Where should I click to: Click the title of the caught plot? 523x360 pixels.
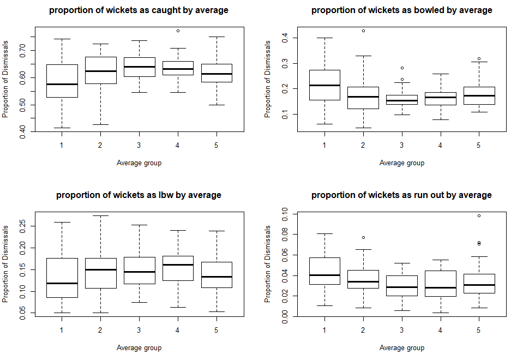click(139, 10)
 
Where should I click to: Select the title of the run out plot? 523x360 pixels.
click(401, 195)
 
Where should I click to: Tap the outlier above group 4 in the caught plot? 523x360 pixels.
click(178, 31)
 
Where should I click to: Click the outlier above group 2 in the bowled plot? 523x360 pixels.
click(363, 31)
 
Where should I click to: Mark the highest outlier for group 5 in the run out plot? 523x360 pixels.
click(479, 215)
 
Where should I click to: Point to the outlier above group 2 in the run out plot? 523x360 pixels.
click(363, 237)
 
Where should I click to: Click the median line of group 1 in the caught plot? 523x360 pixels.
click(62, 84)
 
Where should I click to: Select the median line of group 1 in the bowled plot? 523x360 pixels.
click(324, 85)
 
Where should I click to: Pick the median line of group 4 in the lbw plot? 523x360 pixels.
click(178, 265)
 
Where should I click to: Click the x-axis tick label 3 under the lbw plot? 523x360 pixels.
click(139, 331)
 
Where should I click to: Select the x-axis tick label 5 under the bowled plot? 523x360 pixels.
click(479, 146)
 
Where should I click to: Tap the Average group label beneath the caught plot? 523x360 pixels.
click(139, 163)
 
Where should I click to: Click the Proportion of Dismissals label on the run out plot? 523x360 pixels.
click(268, 264)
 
